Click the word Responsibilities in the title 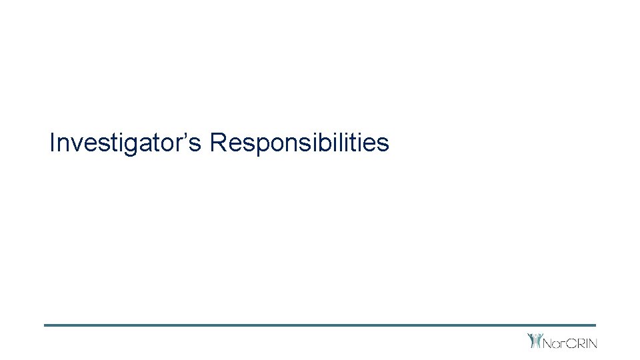click(299, 143)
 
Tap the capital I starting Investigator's click(53, 142)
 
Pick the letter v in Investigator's click(77, 144)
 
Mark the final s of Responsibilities click(383, 144)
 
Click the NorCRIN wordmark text click(571, 343)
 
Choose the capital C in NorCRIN click(571, 343)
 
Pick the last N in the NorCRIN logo click(592, 343)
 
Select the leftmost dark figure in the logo click(531, 341)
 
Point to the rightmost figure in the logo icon click(540, 341)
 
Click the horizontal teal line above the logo click(320, 325)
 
